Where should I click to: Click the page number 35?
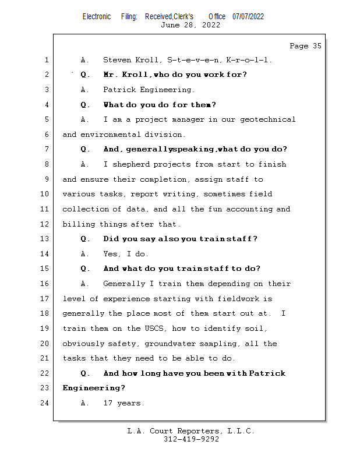click(x=317, y=46)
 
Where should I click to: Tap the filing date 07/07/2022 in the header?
click(x=248, y=17)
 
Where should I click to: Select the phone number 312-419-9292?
click(x=191, y=439)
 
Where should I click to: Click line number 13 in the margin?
click(x=45, y=239)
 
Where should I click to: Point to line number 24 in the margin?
click(x=45, y=403)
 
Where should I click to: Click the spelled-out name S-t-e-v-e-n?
click(x=195, y=60)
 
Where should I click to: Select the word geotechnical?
click(x=268, y=120)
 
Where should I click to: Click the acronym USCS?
click(x=154, y=329)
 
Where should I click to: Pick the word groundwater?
click(x=170, y=344)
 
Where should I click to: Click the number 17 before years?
click(x=108, y=403)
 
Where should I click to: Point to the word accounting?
click(x=249, y=209)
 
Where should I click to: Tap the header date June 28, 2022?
click(x=190, y=25)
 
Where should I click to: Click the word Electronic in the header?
click(x=97, y=17)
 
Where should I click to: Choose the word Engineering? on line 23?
click(x=94, y=388)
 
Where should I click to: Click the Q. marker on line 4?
click(x=85, y=105)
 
